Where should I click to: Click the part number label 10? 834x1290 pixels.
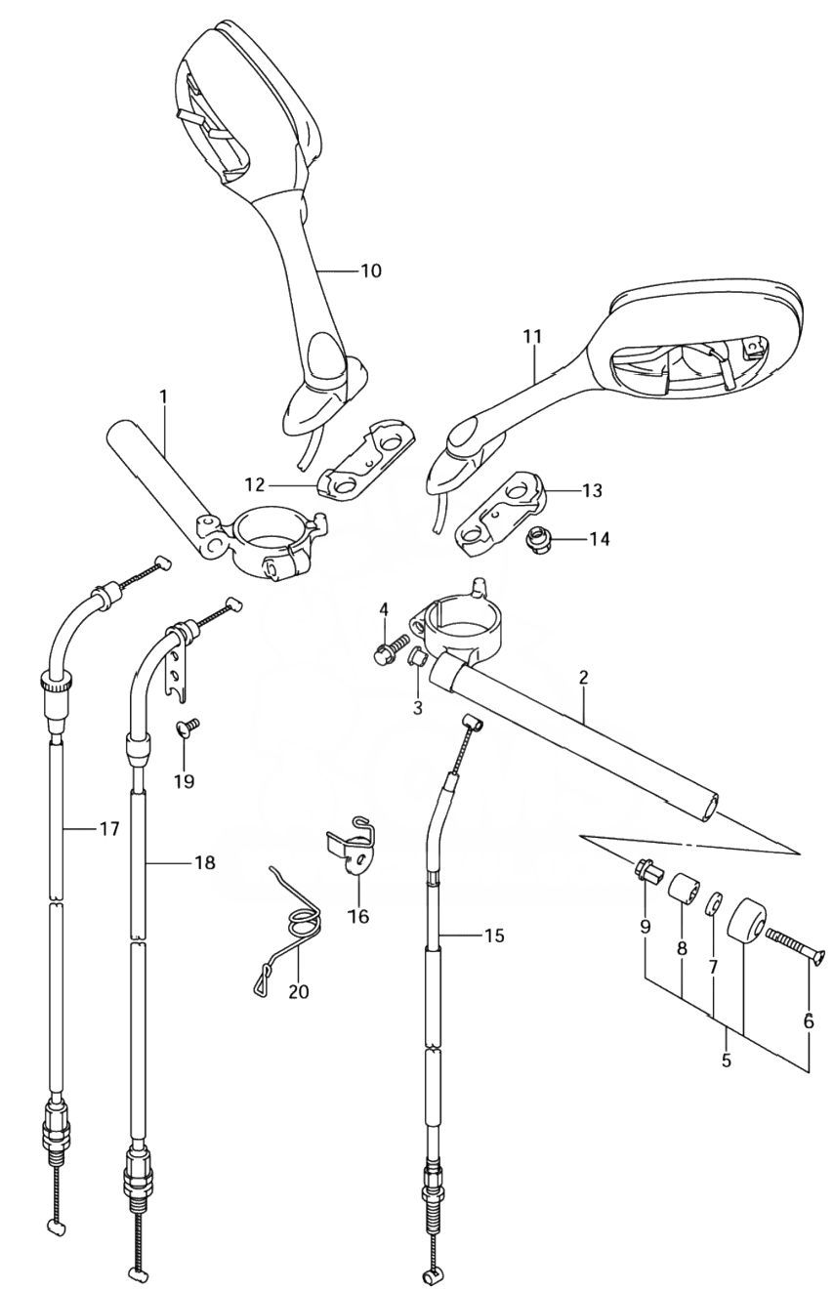371,270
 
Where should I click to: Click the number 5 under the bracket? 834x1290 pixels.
726,1061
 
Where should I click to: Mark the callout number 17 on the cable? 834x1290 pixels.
107,829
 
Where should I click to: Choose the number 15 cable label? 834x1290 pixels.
493,936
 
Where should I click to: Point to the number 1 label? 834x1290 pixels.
163,397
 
